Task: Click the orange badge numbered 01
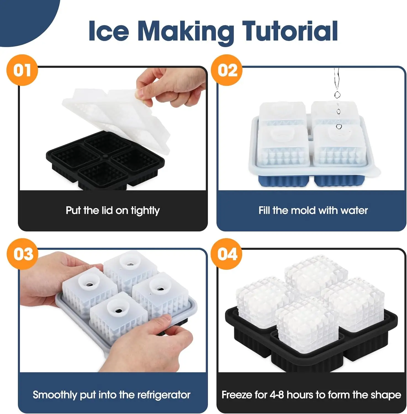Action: tap(22, 70)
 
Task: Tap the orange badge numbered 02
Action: tap(227, 70)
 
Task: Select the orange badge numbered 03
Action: tap(22, 254)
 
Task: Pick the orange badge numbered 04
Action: tap(227, 254)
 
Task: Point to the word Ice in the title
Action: tap(109, 31)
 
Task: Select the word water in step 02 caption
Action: tap(354, 211)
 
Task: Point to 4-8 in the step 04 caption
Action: tap(277, 395)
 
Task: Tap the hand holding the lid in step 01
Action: tap(171, 87)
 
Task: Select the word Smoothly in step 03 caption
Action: tap(55, 395)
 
